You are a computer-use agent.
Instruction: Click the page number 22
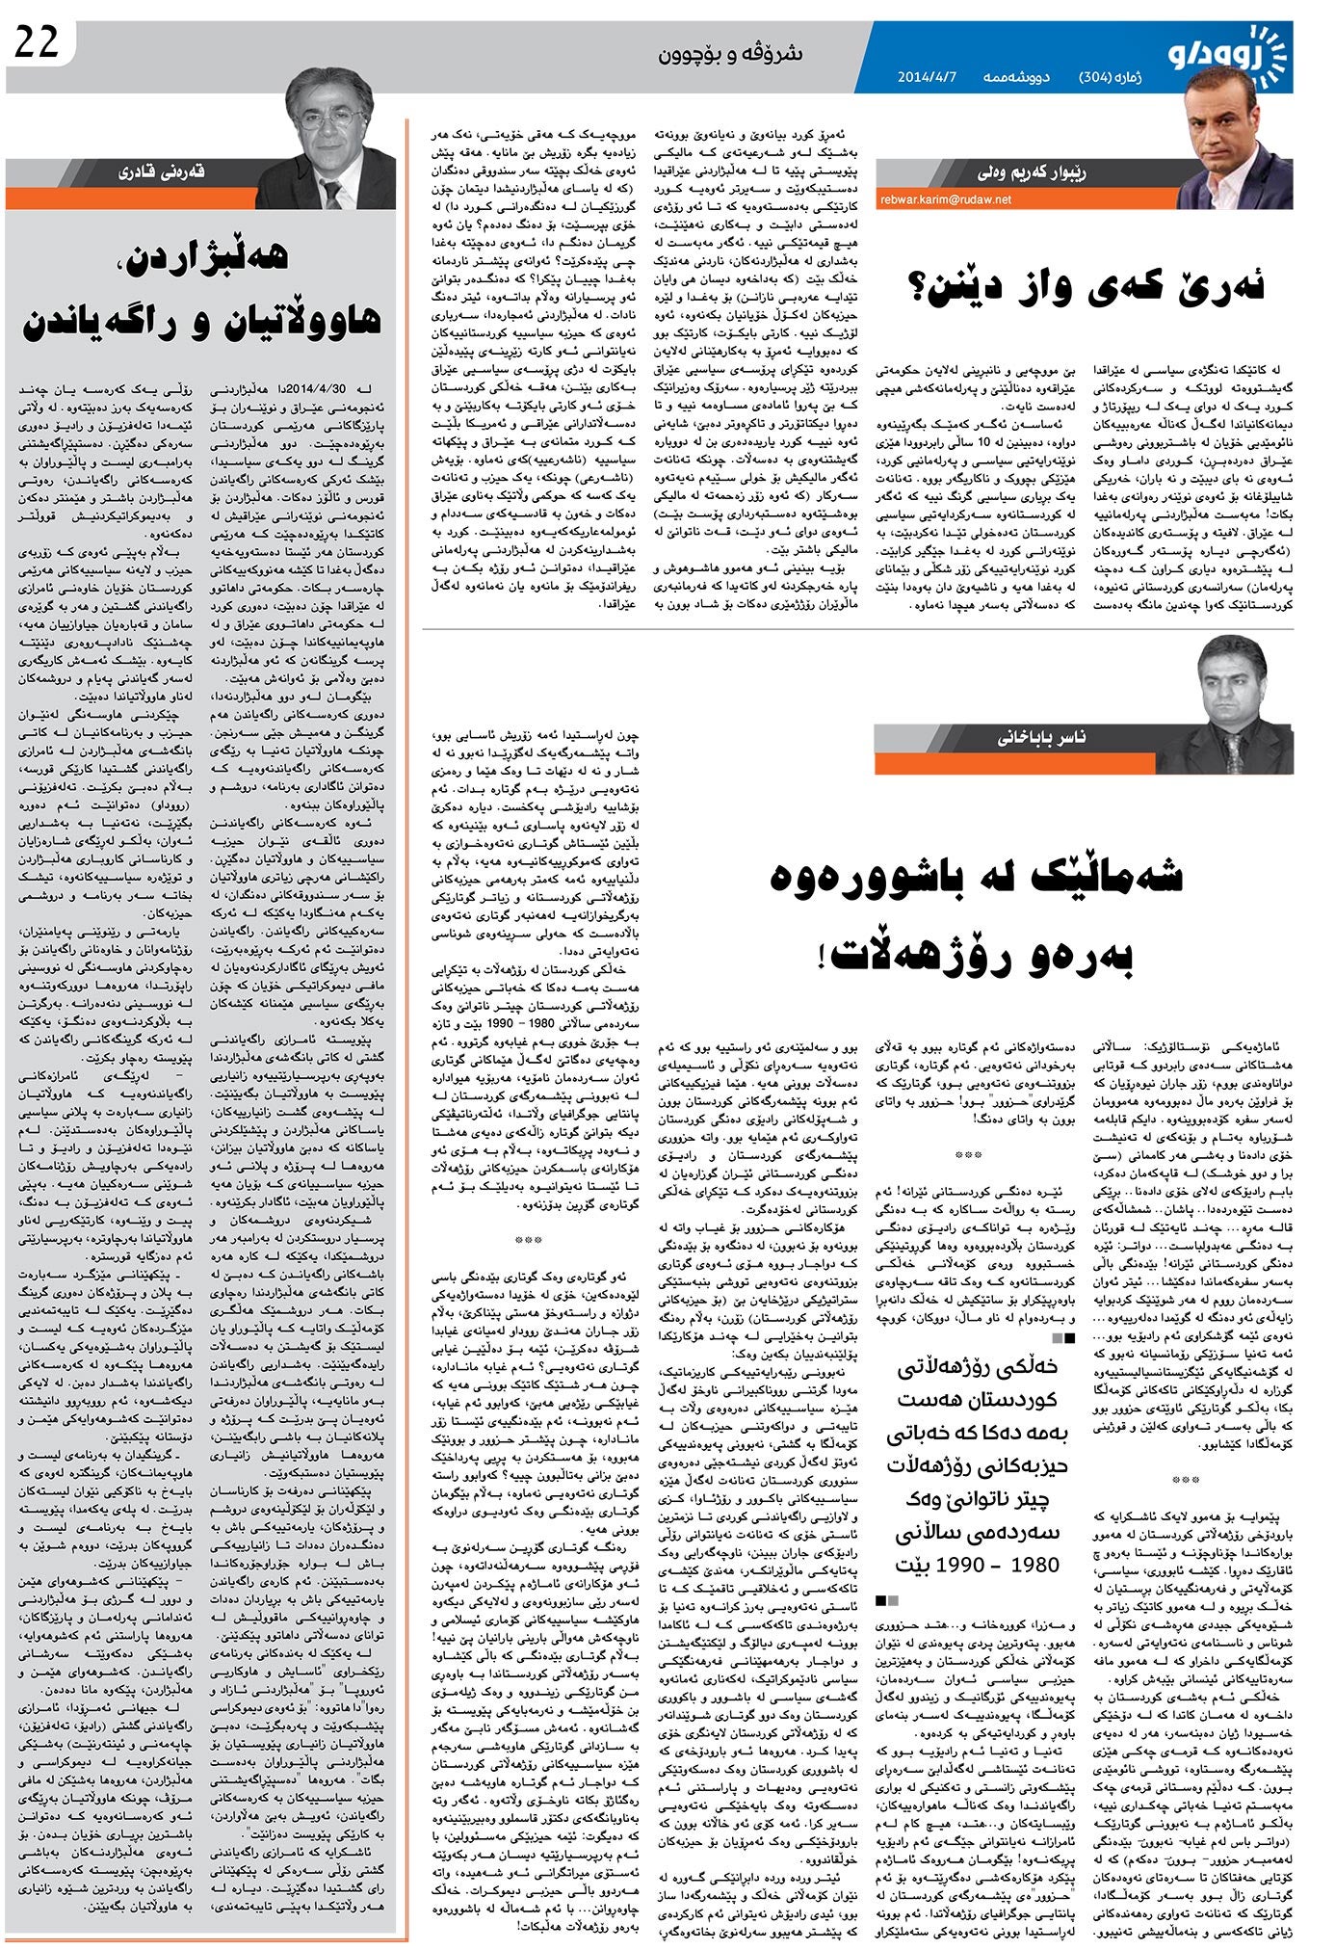click(x=37, y=42)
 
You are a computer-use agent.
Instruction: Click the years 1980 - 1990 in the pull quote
click(x=977, y=1565)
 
